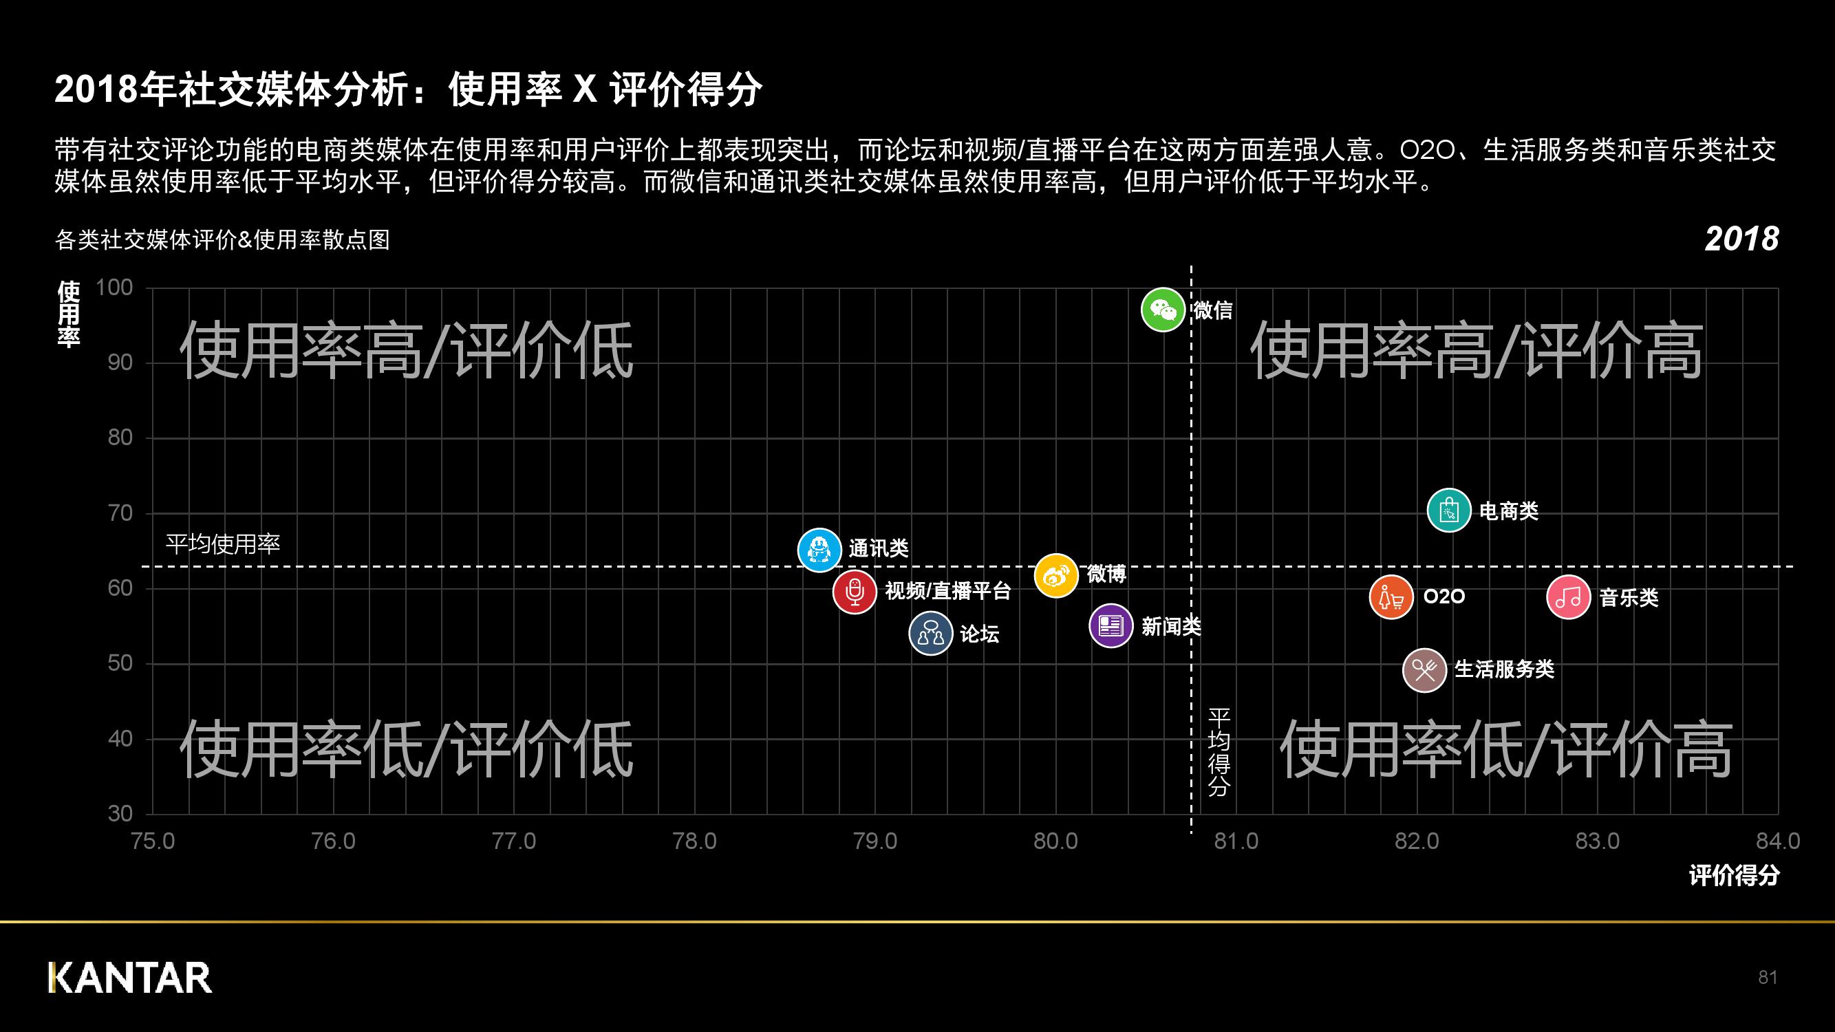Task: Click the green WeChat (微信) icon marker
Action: tap(1163, 310)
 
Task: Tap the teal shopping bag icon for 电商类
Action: tap(1449, 510)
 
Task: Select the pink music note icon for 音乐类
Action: tap(1568, 596)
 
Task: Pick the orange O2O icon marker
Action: tap(1391, 596)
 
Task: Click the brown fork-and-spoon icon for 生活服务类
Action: tap(1424, 670)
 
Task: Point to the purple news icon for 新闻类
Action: tap(1110, 626)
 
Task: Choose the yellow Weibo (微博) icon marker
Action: tap(1055, 575)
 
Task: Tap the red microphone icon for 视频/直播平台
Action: tap(854, 591)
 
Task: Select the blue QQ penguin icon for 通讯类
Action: tap(819, 550)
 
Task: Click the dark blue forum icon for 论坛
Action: tap(930, 633)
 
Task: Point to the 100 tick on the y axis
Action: tap(114, 288)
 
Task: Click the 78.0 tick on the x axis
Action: tap(694, 841)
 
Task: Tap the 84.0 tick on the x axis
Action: tap(1777, 841)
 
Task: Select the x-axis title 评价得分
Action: tap(1734, 875)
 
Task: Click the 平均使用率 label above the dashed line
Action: tap(223, 544)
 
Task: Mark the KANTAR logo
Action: tap(130, 977)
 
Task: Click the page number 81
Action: tap(1768, 977)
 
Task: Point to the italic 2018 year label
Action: tap(1741, 239)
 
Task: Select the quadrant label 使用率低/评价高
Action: tap(1506, 749)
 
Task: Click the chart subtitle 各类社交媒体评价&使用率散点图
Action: tap(222, 240)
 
